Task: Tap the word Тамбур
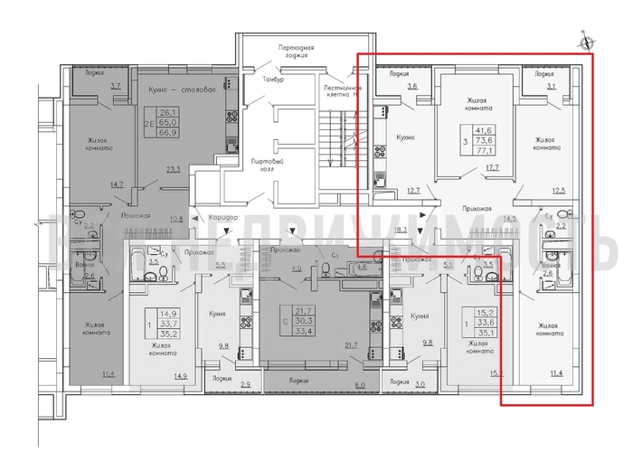[x=274, y=80]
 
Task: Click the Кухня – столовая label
[x=181, y=89]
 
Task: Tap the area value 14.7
[x=116, y=184]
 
